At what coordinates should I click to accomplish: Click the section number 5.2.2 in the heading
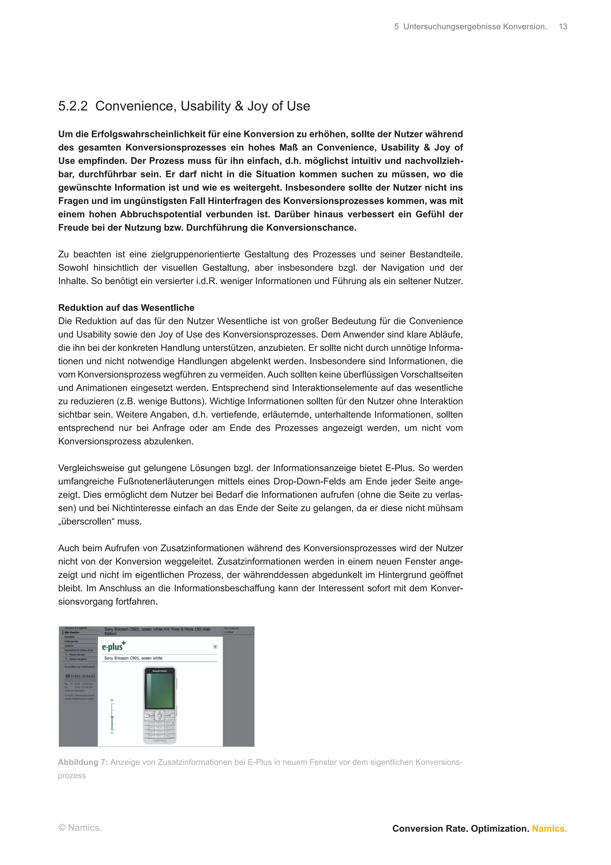click(73, 106)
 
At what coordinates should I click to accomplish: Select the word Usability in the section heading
click(205, 106)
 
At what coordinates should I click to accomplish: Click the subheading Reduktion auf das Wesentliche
click(126, 308)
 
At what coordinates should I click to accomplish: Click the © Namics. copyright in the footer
click(80, 828)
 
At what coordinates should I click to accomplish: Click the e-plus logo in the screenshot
click(113, 647)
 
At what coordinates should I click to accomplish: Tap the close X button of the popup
click(215, 646)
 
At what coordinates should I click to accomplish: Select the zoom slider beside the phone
click(112, 717)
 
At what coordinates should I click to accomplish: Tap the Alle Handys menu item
click(72, 632)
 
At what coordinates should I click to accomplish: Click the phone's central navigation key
click(160, 715)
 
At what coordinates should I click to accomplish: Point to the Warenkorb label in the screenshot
click(232, 629)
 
